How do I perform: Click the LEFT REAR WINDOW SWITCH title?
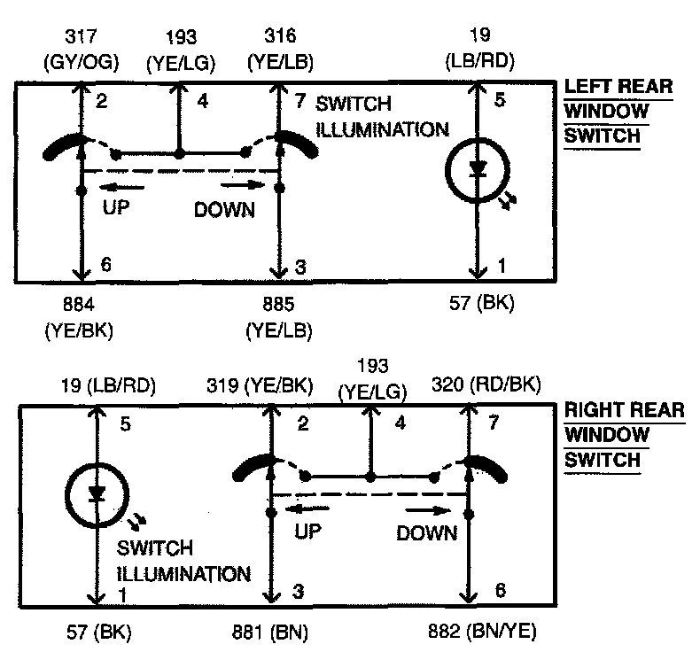(x=617, y=113)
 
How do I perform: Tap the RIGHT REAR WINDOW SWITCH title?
(x=623, y=435)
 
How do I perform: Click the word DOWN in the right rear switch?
(x=426, y=532)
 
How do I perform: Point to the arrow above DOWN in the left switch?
(x=242, y=185)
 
